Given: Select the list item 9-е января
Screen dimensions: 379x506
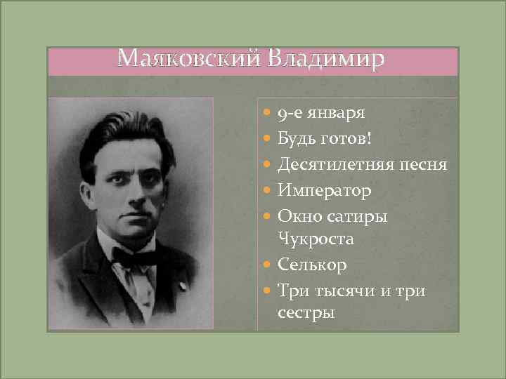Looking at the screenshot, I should click(x=320, y=112).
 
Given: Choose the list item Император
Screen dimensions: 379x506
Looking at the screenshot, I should click(x=324, y=190).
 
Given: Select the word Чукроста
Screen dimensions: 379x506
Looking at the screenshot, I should click(x=316, y=239).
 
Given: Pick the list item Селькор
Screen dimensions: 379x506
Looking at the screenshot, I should click(x=312, y=265).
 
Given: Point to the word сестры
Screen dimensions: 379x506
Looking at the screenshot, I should click(x=306, y=312).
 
